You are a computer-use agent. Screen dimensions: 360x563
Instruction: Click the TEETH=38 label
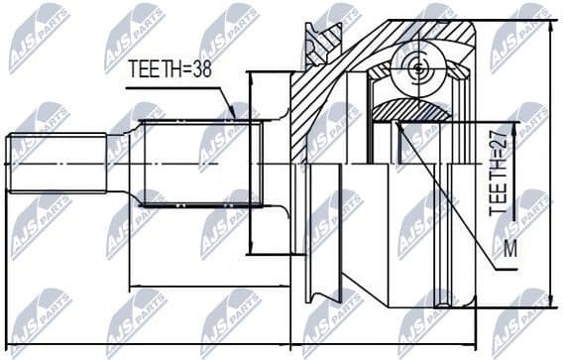pos(171,68)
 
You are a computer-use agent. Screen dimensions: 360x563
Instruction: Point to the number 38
pos(204,68)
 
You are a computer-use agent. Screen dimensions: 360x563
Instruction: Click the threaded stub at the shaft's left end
pos(56,163)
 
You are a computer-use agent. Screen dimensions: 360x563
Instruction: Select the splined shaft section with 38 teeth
pos(198,163)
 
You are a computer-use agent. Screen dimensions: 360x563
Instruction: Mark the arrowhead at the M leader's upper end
pos(396,124)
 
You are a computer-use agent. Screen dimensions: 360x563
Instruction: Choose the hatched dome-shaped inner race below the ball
pos(421,110)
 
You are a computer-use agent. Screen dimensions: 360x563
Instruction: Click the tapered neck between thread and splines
pos(124,163)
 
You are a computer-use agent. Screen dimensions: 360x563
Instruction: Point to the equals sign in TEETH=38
pos(188,68)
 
